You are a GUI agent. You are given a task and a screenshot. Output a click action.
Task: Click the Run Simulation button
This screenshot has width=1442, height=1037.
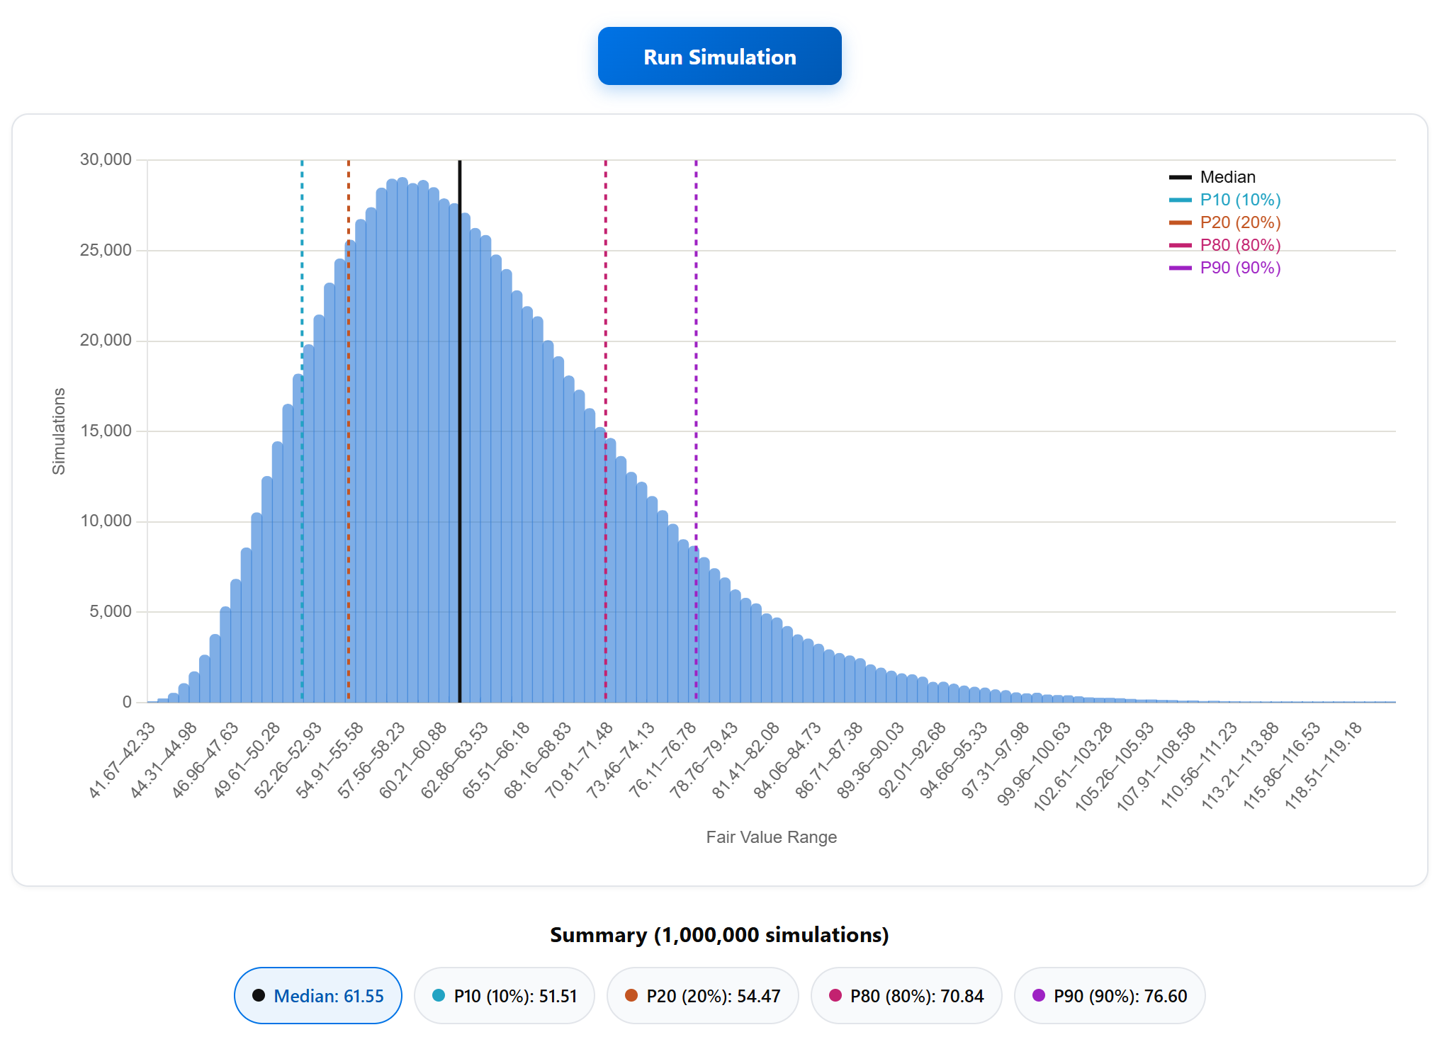pos(719,56)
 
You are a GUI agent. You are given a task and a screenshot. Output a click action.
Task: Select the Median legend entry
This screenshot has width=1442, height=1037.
pos(1212,177)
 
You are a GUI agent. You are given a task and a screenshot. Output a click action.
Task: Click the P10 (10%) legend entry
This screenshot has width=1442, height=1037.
pos(1225,200)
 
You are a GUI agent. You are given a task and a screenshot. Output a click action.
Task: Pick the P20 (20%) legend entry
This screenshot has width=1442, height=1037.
pos(1225,222)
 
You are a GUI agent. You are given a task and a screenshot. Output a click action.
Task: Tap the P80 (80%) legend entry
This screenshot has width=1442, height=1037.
pos(1225,245)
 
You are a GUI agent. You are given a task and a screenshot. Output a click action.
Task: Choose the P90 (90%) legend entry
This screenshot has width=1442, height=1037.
pos(1225,268)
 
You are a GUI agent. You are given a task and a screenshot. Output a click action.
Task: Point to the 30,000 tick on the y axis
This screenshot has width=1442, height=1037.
pos(106,159)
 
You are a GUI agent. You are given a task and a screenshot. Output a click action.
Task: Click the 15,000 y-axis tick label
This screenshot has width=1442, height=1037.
pos(106,431)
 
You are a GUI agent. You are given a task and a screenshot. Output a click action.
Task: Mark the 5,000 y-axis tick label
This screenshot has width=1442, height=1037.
pos(111,611)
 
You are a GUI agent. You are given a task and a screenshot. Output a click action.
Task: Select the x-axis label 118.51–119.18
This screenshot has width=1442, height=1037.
pos(1323,766)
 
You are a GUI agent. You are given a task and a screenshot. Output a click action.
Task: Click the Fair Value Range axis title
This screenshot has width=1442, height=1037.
pos(771,837)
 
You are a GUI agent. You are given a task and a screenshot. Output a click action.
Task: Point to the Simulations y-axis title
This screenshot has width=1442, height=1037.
pos(59,431)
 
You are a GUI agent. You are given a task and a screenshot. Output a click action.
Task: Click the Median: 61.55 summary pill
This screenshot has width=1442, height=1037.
pos(318,995)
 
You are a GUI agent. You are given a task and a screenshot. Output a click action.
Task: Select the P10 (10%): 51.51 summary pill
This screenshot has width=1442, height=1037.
pos(505,995)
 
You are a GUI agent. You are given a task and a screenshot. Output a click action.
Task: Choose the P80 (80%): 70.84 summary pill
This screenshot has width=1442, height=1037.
pos(906,995)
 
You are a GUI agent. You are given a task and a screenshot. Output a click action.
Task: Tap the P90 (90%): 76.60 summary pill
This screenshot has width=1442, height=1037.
pos(1110,995)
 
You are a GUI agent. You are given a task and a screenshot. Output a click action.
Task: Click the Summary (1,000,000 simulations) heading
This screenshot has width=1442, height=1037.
pos(719,935)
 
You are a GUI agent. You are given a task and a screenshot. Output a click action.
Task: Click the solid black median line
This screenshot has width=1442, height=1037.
pos(459,431)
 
